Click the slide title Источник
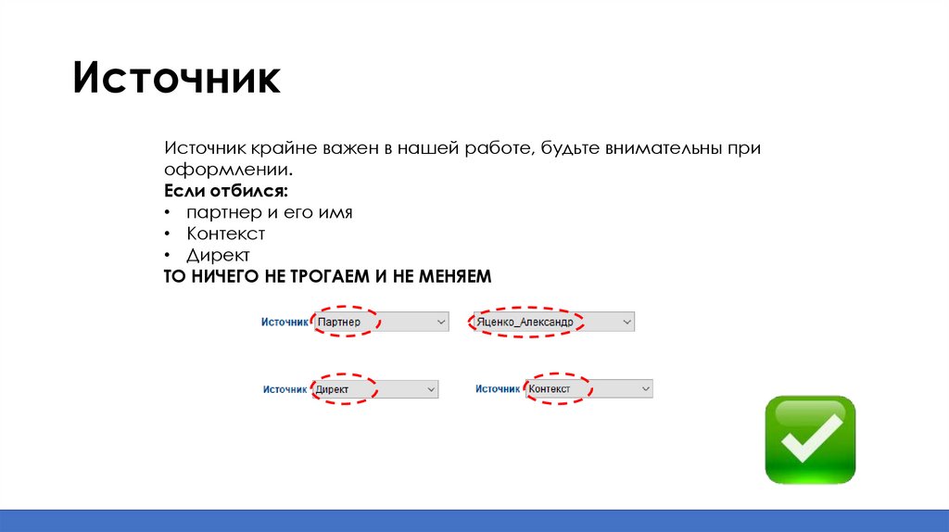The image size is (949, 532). tap(177, 79)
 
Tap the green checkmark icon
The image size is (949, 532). tap(810, 439)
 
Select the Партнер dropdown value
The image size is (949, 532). tap(338, 323)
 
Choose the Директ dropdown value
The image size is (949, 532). tap(333, 390)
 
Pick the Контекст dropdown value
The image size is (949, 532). tap(550, 389)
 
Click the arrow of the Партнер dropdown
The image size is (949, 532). tap(440, 323)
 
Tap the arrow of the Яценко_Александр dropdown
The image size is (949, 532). tap(626, 323)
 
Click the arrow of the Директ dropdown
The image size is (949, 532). tap(430, 390)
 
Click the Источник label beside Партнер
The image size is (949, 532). tap(284, 322)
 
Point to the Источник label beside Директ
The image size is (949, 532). tap(285, 390)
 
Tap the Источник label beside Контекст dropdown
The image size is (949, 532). tap(498, 389)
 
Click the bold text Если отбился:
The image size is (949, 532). tap(226, 191)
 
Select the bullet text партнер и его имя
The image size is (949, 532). tap(269, 212)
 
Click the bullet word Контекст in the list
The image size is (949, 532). tap(225, 234)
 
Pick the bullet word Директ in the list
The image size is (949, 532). tap(218, 255)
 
